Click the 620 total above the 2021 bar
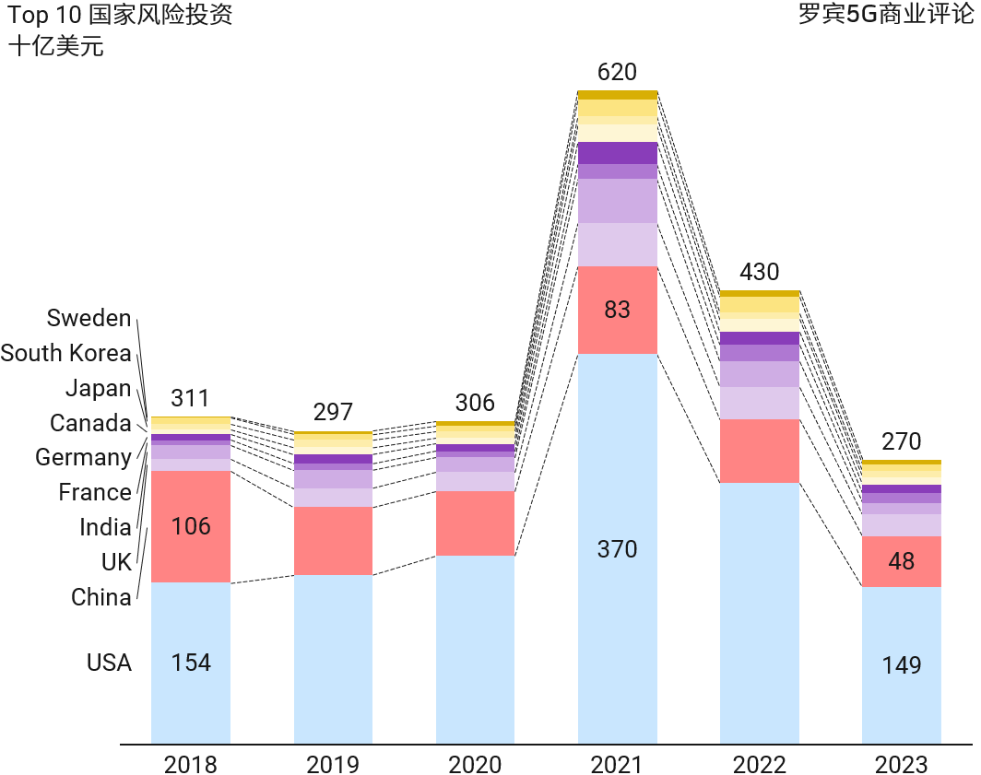coord(617,72)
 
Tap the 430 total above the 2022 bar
coord(760,272)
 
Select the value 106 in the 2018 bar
coord(191,526)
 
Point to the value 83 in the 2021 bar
coord(617,310)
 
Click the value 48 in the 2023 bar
coord(901,561)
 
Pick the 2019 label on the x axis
coord(333,764)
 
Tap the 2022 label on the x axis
coord(760,764)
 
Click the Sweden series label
coord(89,319)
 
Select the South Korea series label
coord(65,353)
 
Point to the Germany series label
coord(83,457)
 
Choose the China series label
coord(101,597)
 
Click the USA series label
coord(109,663)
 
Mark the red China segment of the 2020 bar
coord(475,523)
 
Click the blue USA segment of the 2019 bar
coord(333,659)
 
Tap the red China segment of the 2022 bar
coord(760,451)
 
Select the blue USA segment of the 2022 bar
coord(760,613)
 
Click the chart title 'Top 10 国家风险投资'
coord(120,17)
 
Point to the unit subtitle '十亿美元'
coord(56,47)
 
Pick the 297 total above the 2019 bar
coord(333,411)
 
